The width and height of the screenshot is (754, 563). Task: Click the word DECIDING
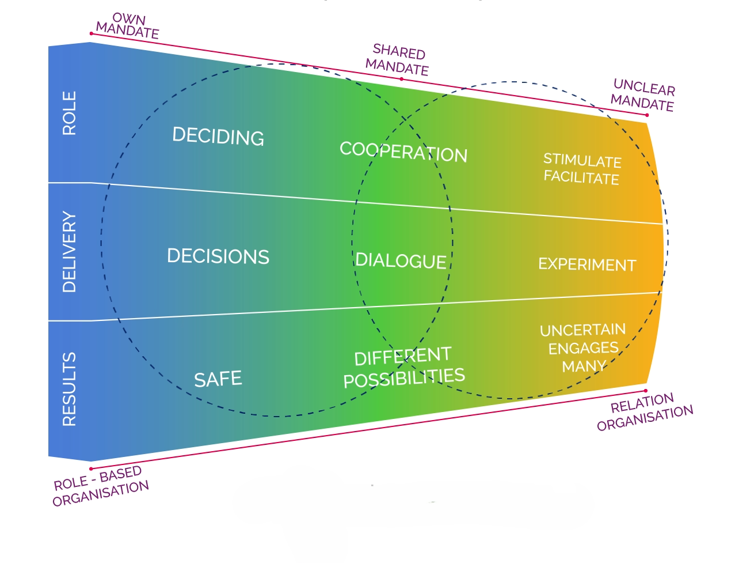click(218, 136)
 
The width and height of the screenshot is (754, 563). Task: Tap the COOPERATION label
click(403, 152)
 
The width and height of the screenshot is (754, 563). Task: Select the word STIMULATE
click(582, 161)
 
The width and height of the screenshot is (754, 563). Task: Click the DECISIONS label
click(218, 256)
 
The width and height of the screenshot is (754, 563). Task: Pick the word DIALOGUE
click(401, 260)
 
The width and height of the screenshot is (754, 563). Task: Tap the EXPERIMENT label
click(587, 265)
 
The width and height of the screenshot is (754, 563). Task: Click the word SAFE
click(218, 379)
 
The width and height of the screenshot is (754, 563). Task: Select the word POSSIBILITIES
click(404, 378)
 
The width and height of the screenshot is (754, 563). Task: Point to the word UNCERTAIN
click(582, 330)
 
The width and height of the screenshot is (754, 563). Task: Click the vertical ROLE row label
click(69, 113)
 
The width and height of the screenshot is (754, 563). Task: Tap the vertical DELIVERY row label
click(69, 252)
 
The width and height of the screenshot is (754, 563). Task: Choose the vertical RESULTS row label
click(69, 389)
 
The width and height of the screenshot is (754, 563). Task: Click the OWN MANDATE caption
click(127, 26)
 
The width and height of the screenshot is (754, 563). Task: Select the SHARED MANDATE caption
click(398, 60)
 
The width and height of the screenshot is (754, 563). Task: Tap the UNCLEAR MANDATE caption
click(643, 95)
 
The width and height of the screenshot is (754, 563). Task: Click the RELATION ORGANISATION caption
click(645, 411)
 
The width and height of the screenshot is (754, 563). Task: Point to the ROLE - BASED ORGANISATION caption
click(101, 486)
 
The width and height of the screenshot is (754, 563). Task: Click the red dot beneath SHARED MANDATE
click(402, 79)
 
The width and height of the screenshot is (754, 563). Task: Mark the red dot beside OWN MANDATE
click(92, 33)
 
